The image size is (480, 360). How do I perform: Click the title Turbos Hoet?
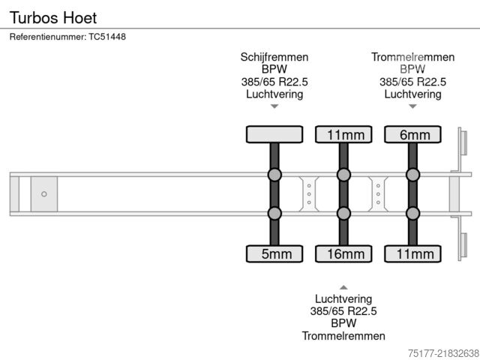53,18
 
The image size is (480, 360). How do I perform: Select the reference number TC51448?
107,37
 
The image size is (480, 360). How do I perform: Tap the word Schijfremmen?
274,57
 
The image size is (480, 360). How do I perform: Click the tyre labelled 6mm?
412,134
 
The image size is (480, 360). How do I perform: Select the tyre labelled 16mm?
343,253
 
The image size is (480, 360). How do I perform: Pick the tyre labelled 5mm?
274,253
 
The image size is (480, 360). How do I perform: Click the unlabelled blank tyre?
274,134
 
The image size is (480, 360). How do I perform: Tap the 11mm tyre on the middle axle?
343,134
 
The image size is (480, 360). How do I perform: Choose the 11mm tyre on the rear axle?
412,253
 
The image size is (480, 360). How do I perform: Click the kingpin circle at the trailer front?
44,194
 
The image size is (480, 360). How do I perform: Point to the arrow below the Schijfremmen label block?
274,106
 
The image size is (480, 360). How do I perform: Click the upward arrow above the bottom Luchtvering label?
343,287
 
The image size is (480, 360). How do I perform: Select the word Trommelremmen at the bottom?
343,336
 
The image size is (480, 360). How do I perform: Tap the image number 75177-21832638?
443,353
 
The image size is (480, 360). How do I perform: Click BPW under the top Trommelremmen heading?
412,69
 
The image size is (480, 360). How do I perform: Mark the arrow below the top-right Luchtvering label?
412,106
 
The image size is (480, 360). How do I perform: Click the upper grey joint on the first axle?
274,175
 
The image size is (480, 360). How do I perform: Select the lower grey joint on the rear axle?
412,213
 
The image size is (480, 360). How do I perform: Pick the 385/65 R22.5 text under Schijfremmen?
274,82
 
